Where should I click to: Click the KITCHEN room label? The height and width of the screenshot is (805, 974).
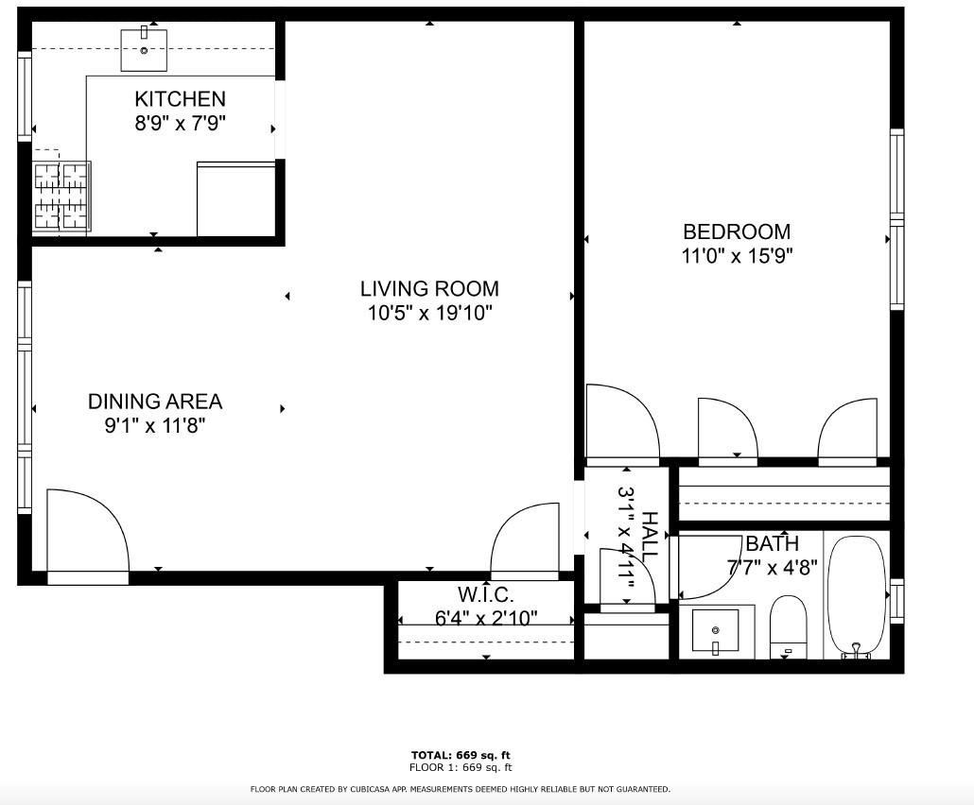(180, 98)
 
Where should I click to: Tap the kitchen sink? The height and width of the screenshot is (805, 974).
(144, 49)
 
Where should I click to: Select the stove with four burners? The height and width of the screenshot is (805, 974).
(61, 197)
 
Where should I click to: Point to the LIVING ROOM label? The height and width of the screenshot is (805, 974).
(429, 288)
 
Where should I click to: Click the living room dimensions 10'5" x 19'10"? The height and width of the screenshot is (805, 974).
(430, 313)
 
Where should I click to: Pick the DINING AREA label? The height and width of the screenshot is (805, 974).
(155, 402)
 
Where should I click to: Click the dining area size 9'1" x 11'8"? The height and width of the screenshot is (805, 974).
(155, 426)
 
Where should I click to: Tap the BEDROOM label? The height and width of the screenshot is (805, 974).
(737, 231)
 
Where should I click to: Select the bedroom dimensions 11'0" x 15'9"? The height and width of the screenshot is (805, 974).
(738, 255)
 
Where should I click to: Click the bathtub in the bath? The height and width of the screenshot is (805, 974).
(858, 596)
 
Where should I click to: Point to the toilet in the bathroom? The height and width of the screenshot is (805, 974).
(788, 626)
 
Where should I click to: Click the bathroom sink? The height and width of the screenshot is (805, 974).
(716, 631)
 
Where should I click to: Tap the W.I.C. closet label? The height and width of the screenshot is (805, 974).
(486, 594)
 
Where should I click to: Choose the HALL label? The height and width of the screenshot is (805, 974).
(649, 537)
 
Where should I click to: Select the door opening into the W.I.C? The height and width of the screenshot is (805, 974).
(525, 541)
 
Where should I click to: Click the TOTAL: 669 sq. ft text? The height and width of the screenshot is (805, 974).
(461, 755)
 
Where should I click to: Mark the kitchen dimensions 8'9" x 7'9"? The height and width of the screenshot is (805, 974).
(180, 123)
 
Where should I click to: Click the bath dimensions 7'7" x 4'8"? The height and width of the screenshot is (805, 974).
(773, 567)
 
